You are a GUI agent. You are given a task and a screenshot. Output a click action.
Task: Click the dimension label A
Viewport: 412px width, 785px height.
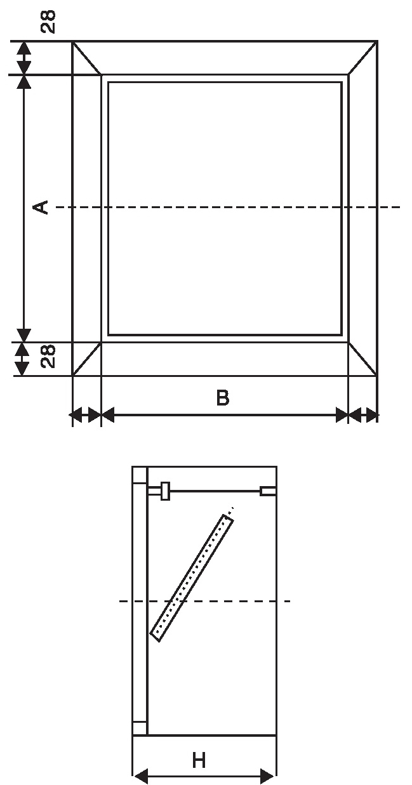(x=41, y=207)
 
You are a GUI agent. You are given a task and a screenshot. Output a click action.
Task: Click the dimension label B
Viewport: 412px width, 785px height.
(x=222, y=398)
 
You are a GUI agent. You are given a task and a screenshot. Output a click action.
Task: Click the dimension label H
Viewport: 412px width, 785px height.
(x=199, y=760)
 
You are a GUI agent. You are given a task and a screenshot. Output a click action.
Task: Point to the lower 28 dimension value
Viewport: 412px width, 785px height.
(x=48, y=356)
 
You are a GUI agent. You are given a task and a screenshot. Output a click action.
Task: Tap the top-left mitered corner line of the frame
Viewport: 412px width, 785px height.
(x=87, y=58)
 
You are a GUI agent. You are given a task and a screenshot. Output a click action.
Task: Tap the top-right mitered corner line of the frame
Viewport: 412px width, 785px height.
(x=363, y=58)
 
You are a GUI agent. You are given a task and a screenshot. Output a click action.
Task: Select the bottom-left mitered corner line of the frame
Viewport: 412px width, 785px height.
(x=87, y=359)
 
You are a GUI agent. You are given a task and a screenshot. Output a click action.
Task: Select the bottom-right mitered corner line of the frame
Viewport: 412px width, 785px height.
(x=363, y=359)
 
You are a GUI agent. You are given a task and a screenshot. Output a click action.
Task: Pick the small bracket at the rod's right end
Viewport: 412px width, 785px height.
(x=268, y=491)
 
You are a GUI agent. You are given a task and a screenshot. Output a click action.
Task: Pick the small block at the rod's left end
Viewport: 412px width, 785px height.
(x=165, y=491)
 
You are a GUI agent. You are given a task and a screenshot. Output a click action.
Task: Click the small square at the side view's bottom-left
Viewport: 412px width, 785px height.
(x=140, y=728)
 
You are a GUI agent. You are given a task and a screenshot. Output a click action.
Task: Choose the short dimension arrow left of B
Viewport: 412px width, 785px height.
(x=85, y=416)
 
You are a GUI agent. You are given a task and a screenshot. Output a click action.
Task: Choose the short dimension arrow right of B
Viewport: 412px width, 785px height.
(x=363, y=416)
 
